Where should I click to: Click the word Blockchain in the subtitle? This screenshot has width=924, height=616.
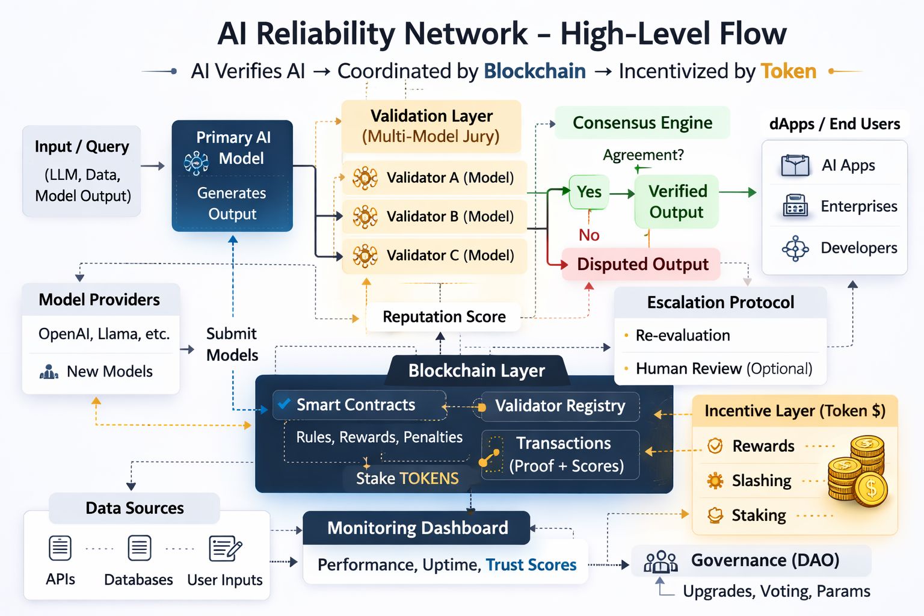(x=534, y=71)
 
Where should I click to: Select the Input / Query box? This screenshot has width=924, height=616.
(x=82, y=171)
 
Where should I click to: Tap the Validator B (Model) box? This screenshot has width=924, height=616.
(x=434, y=217)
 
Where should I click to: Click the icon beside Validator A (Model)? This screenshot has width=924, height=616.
(x=365, y=178)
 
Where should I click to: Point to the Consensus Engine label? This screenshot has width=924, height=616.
(x=642, y=123)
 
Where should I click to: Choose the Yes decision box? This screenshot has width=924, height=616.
(x=589, y=192)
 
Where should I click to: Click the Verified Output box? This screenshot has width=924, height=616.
(x=677, y=202)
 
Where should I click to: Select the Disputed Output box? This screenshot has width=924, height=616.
(x=641, y=264)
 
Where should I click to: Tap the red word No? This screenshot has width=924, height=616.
(x=589, y=235)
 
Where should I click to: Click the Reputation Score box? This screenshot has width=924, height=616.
(x=444, y=316)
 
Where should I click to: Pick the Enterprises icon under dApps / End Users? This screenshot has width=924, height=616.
(x=795, y=206)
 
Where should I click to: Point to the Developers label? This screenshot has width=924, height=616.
(x=858, y=248)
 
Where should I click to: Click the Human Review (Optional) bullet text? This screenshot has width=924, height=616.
(x=724, y=368)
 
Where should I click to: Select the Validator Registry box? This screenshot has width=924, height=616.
(x=559, y=406)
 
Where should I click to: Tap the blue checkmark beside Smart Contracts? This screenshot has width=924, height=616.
(x=285, y=404)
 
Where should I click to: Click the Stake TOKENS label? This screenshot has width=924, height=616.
(x=407, y=478)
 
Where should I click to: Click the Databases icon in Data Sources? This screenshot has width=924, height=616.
(x=139, y=548)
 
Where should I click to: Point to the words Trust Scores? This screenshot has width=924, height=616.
(x=531, y=565)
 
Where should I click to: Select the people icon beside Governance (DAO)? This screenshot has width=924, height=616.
(x=661, y=562)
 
